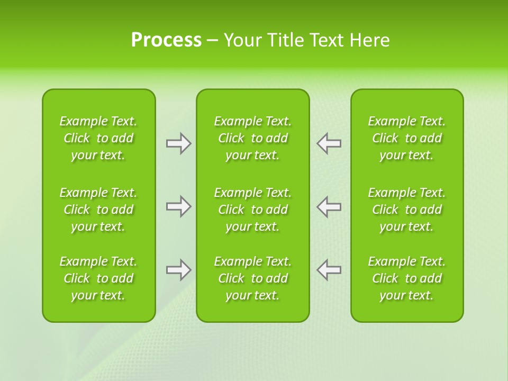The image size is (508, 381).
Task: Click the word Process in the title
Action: [x=166, y=40]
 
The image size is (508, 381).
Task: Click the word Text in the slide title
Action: [x=328, y=40]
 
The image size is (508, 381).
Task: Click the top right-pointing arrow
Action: [x=178, y=143]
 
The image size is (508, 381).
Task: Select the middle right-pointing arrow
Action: [x=178, y=206]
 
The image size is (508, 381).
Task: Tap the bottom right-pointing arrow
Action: [x=178, y=270]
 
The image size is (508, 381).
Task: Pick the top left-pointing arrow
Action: [x=329, y=143]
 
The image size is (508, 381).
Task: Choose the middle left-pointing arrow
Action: [x=329, y=206]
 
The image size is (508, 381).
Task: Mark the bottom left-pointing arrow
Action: [x=329, y=270]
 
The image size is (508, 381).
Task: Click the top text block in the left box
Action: [x=98, y=138]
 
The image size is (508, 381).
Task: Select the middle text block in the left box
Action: [x=98, y=210]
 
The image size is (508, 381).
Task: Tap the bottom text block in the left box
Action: [x=98, y=278]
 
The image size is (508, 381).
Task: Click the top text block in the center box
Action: [x=252, y=138]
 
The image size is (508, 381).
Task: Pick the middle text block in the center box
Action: [x=252, y=210]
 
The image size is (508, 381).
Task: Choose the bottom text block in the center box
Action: [x=252, y=278]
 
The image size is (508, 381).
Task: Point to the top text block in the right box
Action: [x=406, y=138]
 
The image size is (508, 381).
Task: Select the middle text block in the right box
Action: [x=406, y=210]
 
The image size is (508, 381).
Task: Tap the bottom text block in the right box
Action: [x=406, y=278]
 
